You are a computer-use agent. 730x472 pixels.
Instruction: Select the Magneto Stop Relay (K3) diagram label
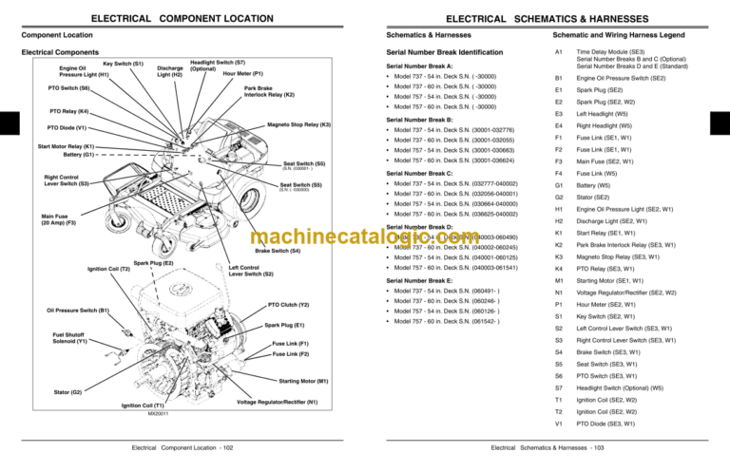[298, 124]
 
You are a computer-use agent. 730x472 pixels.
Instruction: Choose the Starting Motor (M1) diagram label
[303, 381]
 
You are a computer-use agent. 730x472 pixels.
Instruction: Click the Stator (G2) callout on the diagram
[65, 391]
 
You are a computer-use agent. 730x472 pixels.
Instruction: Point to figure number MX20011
[158, 415]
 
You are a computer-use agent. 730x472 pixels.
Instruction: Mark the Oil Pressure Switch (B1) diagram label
[78, 310]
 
